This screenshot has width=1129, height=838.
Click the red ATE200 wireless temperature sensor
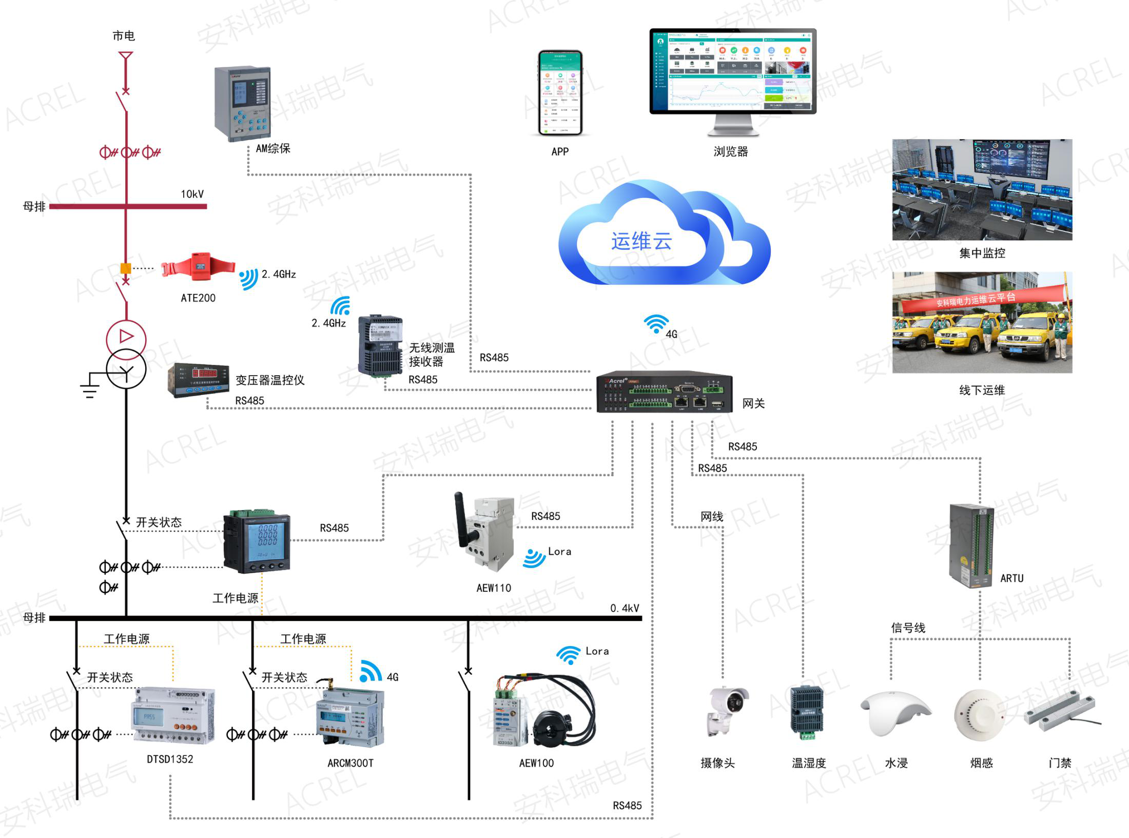198,267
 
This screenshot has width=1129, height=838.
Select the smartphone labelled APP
560,93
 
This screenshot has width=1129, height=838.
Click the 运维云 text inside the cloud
641,241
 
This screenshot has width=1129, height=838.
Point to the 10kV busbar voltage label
192,194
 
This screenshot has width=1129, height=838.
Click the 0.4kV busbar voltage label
625,608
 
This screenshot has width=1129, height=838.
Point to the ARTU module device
971,545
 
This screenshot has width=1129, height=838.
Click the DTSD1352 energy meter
173,715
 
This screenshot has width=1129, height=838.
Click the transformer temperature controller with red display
198,380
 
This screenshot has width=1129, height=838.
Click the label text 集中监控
982,253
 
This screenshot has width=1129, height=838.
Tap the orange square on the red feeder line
125,268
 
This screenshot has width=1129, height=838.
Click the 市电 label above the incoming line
124,36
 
